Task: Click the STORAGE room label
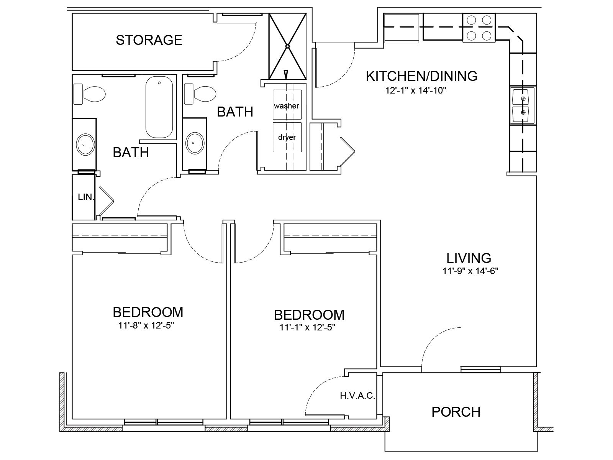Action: tap(149, 40)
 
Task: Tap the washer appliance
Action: tap(287, 104)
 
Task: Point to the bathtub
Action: tap(159, 107)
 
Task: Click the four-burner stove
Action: tap(479, 28)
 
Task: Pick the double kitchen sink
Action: tap(522, 105)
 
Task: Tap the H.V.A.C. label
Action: tap(357, 396)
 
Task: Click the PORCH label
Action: tap(456, 412)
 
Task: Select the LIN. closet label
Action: tap(86, 197)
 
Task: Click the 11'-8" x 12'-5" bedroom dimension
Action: tap(146, 325)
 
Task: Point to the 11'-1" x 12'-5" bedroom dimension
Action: tap(307, 327)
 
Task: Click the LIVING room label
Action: tap(469, 258)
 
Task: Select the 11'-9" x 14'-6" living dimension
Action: tap(470, 271)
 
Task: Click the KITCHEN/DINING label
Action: tap(422, 76)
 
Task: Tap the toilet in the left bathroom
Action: tap(89, 94)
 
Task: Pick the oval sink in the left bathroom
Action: tap(85, 145)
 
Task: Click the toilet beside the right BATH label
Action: tap(200, 94)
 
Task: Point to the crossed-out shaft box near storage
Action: tap(287, 46)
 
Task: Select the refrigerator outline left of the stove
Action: tap(402, 28)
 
